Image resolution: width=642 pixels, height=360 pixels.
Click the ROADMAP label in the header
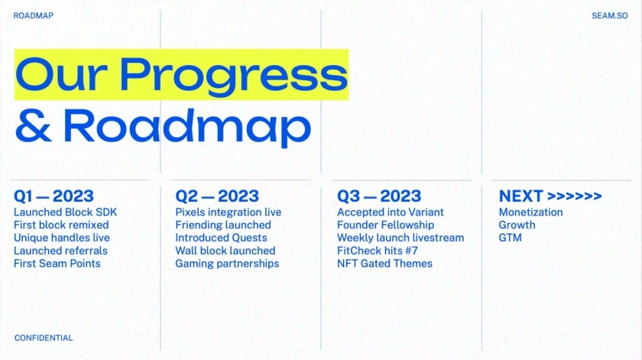coord(33,15)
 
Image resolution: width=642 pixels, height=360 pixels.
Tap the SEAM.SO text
coord(610,15)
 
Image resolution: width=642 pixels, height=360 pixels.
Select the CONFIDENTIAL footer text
coord(44,338)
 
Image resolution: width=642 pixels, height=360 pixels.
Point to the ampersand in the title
coord(34,126)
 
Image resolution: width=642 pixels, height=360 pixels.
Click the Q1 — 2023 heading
coord(53,196)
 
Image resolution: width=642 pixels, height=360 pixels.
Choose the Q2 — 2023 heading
coord(217,196)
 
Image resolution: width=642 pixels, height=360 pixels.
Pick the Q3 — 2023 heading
coord(379,196)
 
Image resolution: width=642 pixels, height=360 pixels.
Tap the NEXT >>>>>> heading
coord(550,196)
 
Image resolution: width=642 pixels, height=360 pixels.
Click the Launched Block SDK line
coord(65,212)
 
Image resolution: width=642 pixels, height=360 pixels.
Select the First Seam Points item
coord(57,264)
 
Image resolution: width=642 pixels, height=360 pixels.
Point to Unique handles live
coord(61,238)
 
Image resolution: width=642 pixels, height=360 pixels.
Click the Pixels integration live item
coord(228,212)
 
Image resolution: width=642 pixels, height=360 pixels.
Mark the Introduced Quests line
coord(221,238)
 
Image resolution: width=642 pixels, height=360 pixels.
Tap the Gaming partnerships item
coord(227,264)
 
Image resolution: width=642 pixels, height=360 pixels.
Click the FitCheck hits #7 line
coord(378,251)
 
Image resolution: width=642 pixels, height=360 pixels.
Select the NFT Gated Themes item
coord(384,264)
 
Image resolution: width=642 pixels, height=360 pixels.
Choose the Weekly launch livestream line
coord(400,238)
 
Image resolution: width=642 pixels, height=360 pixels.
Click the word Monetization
coord(530,212)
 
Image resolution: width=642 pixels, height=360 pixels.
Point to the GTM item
coord(511,238)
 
